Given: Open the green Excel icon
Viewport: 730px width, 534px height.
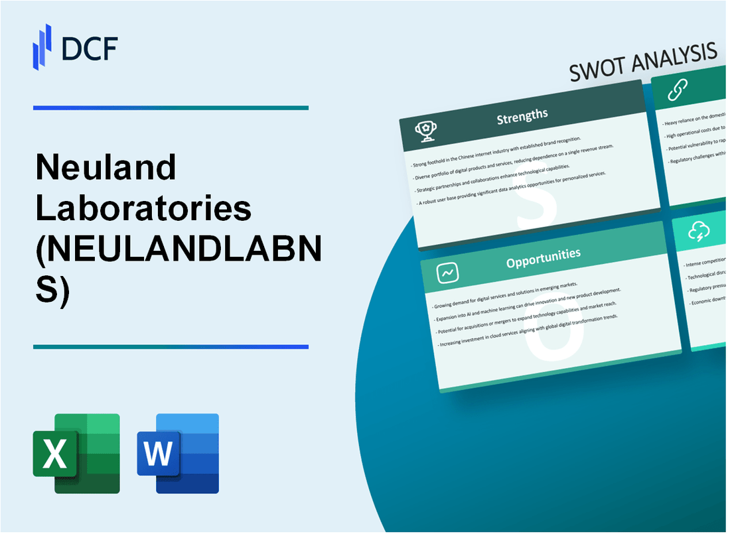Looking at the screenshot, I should click(76, 454).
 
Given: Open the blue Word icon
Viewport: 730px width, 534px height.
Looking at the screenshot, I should click(178, 454).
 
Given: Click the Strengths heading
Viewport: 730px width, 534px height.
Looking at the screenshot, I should click(522, 117).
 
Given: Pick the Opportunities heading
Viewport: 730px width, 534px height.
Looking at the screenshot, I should click(543, 255).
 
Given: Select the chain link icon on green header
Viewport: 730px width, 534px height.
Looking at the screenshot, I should click(678, 89).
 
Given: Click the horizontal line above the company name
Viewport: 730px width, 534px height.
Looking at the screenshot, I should click(171, 107).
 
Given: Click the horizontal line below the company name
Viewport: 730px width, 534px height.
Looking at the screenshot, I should click(171, 346).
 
